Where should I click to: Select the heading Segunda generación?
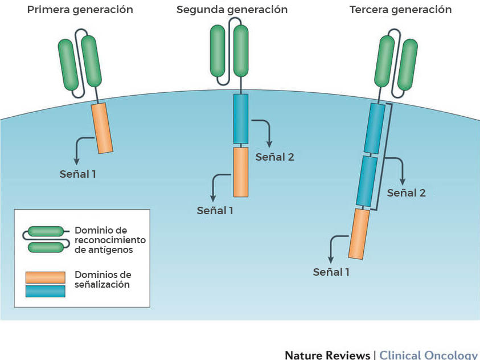(x=232, y=10)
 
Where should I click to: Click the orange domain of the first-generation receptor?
(x=102, y=128)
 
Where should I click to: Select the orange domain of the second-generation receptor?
(x=241, y=171)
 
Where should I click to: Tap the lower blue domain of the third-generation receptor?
(x=367, y=181)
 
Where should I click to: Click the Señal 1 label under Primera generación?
(x=77, y=174)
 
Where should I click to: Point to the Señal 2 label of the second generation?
(x=274, y=157)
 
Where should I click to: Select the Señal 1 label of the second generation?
(x=215, y=210)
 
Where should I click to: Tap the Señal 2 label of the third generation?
(x=406, y=193)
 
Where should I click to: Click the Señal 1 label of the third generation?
(x=331, y=272)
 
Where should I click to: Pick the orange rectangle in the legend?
(x=45, y=277)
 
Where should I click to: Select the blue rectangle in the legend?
(x=45, y=291)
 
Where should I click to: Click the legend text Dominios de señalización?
(x=102, y=280)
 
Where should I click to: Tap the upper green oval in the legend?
(x=46, y=231)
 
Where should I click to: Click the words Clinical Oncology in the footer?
(x=428, y=354)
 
